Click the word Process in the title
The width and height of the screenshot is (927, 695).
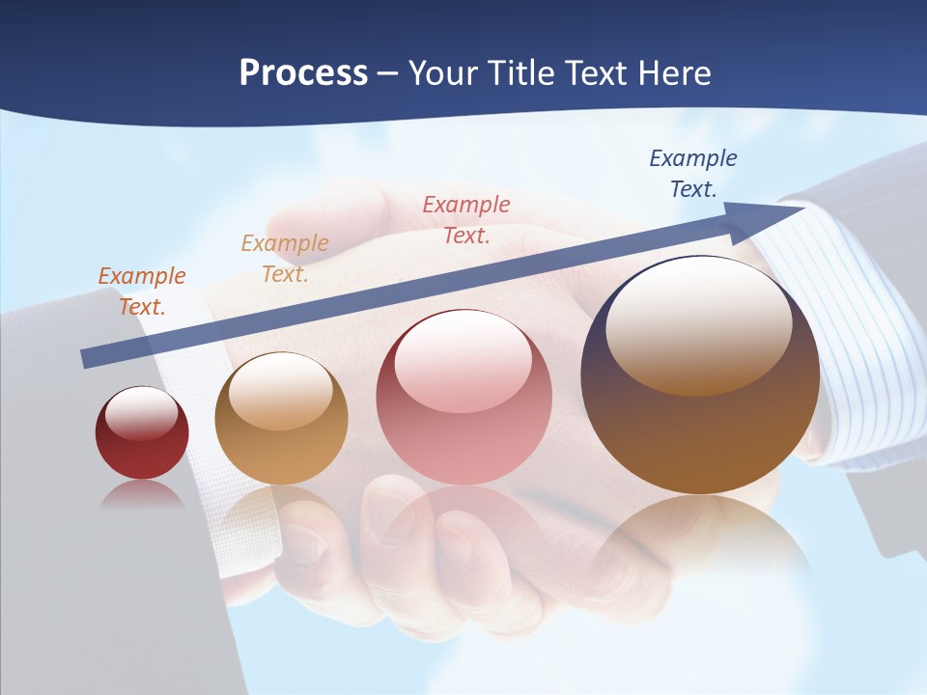coord(303,73)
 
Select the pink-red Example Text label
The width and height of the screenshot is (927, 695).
coord(466,220)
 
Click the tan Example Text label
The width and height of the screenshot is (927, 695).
coord(285,259)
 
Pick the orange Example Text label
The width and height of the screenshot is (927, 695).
coord(142,292)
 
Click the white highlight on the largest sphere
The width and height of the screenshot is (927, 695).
coord(698,323)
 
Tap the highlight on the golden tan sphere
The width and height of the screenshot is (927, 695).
coord(280,391)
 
